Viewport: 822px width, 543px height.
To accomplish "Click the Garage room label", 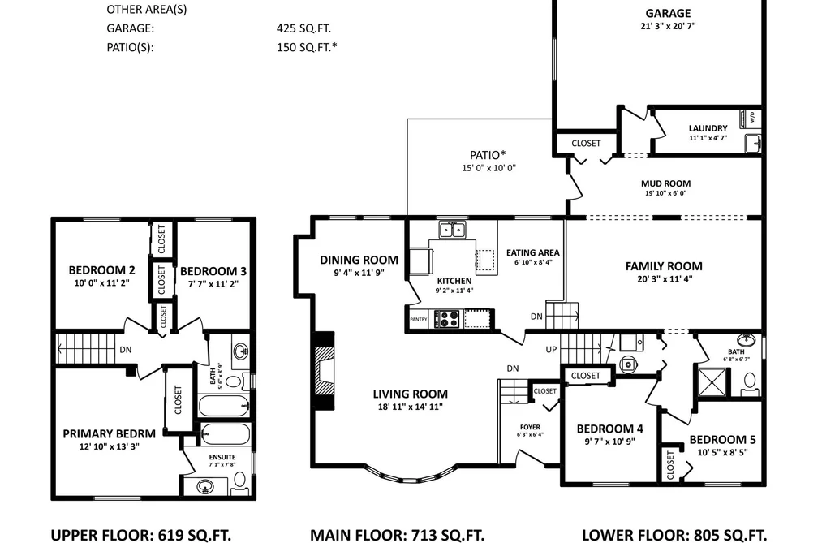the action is tap(668, 13).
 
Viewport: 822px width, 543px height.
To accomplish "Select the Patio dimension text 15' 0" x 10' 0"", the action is tap(488, 168).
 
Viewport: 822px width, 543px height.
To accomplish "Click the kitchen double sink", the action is tap(452, 230).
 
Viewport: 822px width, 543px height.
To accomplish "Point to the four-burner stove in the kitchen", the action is tap(447, 319).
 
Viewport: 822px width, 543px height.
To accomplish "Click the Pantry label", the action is tap(419, 319).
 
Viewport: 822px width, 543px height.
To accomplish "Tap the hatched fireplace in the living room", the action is tap(325, 371).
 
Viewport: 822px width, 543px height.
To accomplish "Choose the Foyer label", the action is tap(530, 427).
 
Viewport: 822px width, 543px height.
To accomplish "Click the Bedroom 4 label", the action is tap(609, 429).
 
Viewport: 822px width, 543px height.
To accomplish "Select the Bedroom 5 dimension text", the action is tap(722, 452).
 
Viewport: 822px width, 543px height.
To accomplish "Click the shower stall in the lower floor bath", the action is tap(712, 383).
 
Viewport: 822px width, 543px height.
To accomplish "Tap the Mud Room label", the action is tap(665, 183).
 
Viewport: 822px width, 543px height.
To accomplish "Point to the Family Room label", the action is tap(664, 266).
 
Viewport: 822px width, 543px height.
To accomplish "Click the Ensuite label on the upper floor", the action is tap(222, 457).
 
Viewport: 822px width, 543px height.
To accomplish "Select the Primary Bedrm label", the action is tap(109, 434).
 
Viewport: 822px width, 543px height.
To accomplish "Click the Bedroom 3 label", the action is tap(213, 271).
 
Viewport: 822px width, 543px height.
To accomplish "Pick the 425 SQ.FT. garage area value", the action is tap(303, 28).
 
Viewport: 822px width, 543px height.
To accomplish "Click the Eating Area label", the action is tap(532, 252).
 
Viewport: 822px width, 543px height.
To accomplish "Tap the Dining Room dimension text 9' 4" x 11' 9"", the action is tap(359, 273).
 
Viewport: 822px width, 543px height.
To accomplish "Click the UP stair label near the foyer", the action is tap(551, 350).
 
